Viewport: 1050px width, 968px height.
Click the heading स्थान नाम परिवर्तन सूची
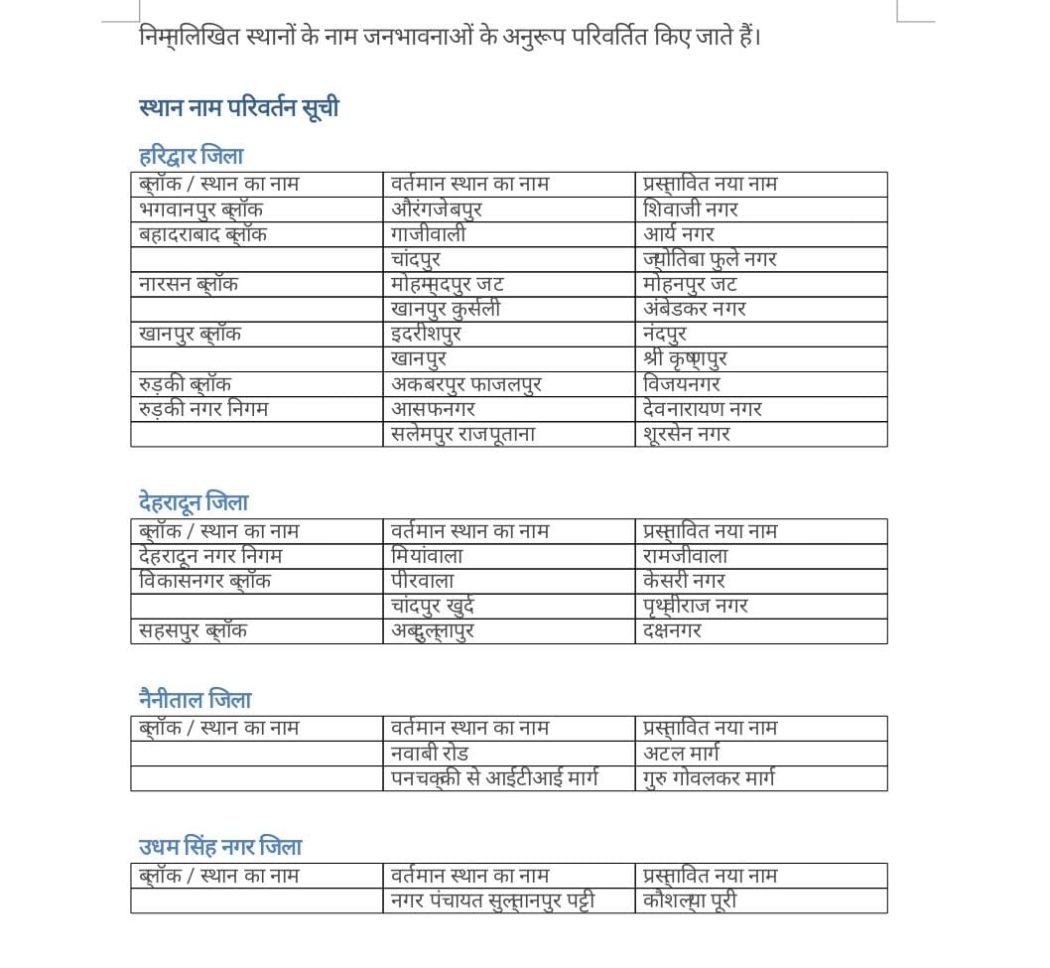(238, 107)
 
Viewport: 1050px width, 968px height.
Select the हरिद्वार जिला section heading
(191, 156)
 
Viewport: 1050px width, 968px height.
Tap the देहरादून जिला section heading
(194, 502)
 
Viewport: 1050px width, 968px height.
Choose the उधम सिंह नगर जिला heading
(219, 847)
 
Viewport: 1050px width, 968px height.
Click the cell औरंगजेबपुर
(437, 209)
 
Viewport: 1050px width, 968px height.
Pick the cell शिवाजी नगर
(691, 209)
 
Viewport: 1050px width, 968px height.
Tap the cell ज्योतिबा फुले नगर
(710, 259)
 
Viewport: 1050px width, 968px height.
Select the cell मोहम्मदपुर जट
(448, 284)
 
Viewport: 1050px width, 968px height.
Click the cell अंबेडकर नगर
(695, 309)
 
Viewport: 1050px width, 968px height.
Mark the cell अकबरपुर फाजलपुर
(466, 383)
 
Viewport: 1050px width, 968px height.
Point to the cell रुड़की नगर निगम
(203, 408)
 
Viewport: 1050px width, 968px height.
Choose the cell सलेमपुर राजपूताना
(463, 434)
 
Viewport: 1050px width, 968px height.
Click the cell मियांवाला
(427, 556)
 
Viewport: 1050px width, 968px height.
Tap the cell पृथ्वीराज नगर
(696, 606)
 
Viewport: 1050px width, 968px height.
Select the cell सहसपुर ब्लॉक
(194, 630)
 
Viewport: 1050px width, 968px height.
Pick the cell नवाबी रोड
(430, 754)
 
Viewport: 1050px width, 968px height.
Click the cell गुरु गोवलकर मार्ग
(709, 778)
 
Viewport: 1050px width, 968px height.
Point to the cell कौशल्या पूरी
(690, 900)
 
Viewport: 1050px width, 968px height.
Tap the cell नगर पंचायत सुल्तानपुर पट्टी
(493, 900)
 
